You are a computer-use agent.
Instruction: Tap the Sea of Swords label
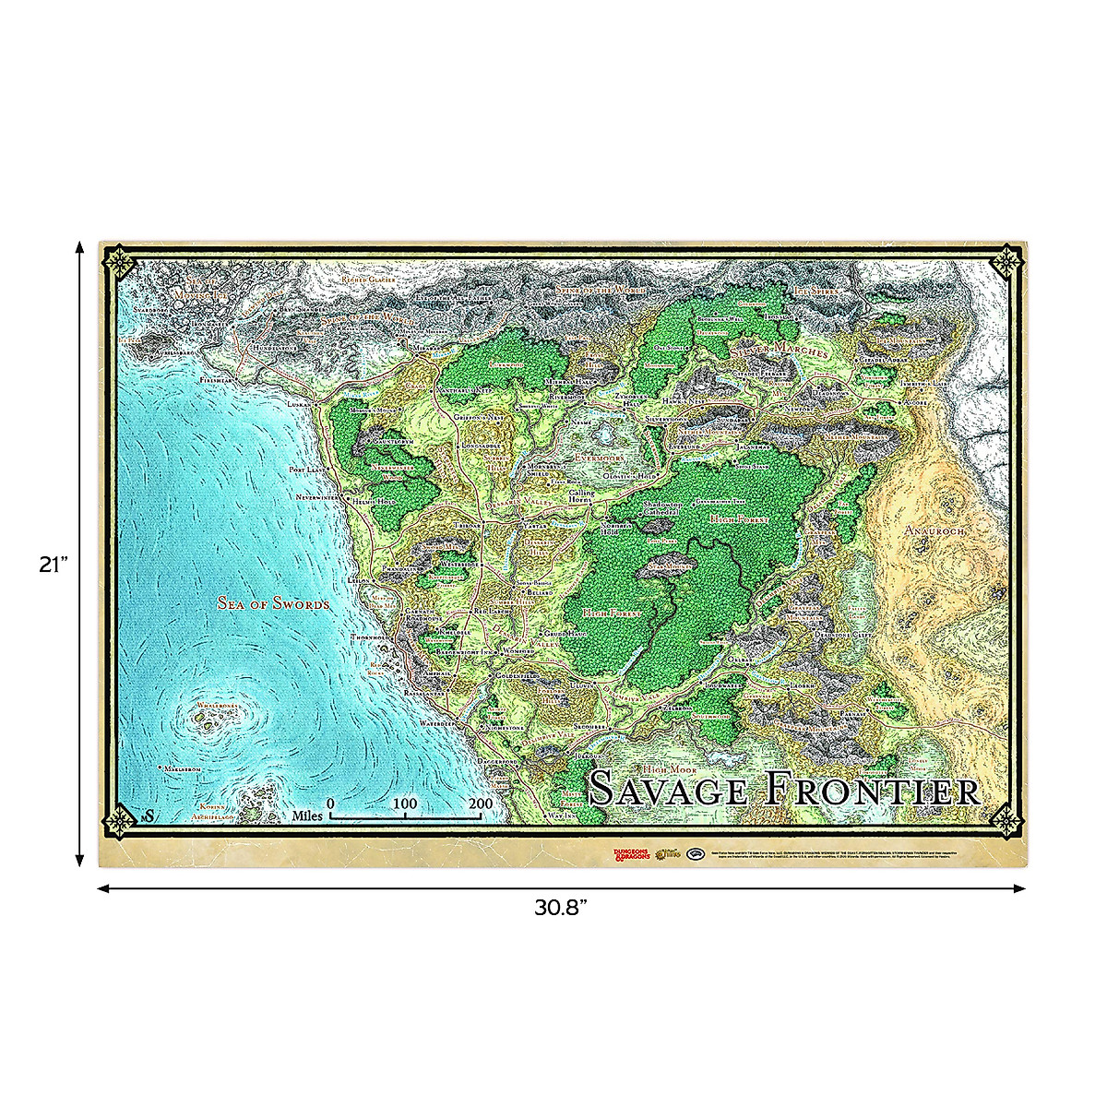[x=273, y=603]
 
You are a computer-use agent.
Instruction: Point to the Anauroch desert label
[x=934, y=531]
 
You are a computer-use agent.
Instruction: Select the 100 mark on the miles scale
[x=405, y=803]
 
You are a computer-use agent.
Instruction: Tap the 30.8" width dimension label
[x=561, y=908]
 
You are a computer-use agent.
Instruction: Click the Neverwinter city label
[x=318, y=497]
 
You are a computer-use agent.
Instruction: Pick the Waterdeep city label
[x=439, y=724]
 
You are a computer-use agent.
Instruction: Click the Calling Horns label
[x=581, y=498]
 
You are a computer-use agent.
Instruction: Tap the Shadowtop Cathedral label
[x=662, y=509]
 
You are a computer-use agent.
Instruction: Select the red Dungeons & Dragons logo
[x=632, y=852]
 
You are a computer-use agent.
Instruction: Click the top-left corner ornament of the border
[x=120, y=263]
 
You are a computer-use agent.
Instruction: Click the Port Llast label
[x=308, y=470]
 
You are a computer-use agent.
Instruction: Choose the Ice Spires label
[x=815, y=291]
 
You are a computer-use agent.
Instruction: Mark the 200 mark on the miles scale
[x=481, y=803]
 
